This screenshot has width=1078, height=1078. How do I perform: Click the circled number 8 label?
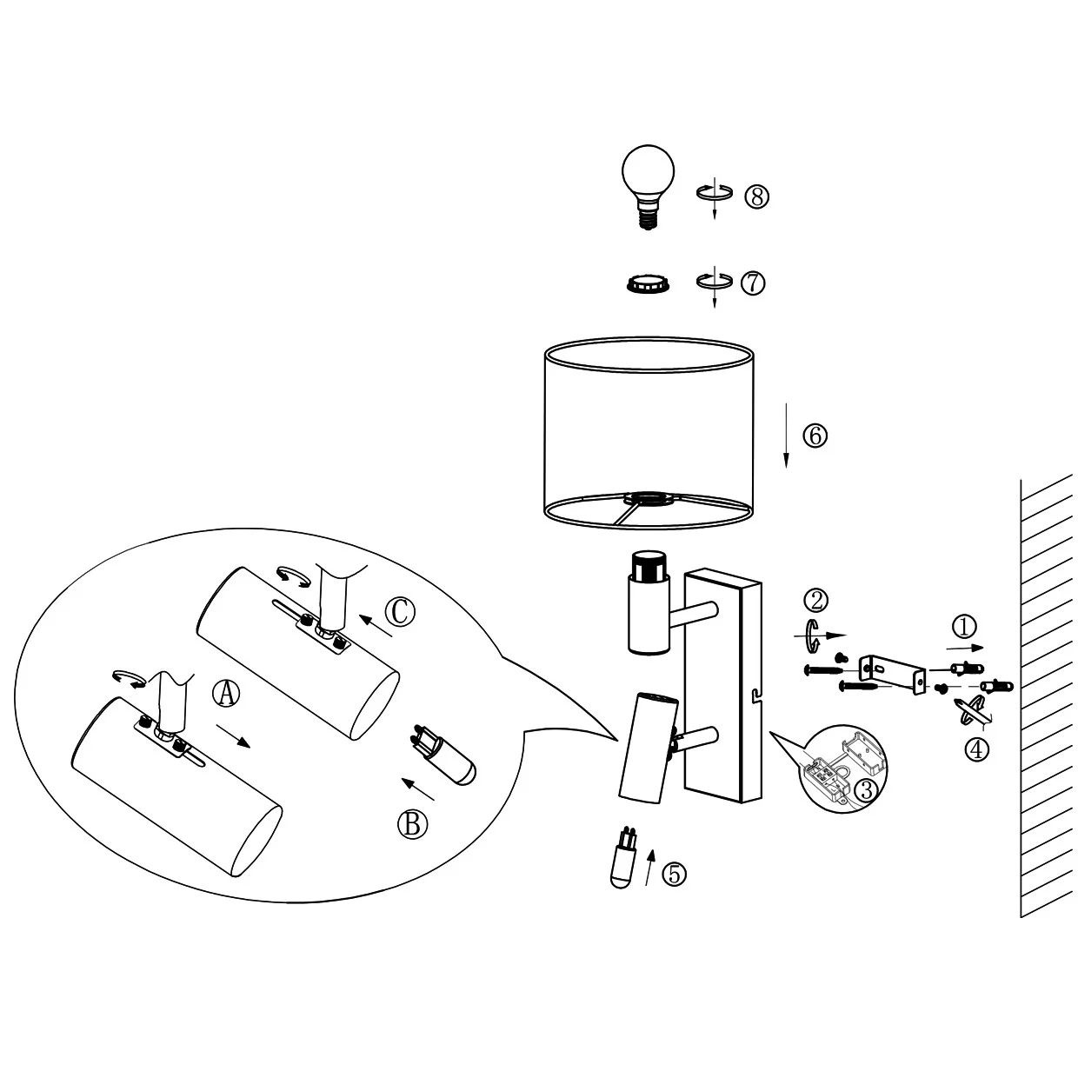(x=756, y=196)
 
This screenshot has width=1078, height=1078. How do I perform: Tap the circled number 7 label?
(x=753, y=283)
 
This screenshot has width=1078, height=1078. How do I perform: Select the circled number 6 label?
(x=815, y=436)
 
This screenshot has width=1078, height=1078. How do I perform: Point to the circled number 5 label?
(x=674, y=874)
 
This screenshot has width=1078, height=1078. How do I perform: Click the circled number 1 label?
(x=964, y=627)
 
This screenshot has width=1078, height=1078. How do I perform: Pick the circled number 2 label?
(x=815, y=600)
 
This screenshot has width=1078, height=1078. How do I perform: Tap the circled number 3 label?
(x=867, y=790)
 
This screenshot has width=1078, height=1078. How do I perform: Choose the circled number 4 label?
(x=977, y=749)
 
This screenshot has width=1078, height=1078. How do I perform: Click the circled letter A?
(x=226, y=695)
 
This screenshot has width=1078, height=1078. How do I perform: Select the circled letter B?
(x=412, y=824)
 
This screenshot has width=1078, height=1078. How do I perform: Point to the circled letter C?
(x=400, y=612)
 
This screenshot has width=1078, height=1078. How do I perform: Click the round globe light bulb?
(x=649, y=187)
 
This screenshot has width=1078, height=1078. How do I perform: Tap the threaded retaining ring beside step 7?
(x=649, y=284)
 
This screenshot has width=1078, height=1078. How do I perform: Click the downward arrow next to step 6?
(x=786, y=435)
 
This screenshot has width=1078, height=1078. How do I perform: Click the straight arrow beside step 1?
(x=965, y=648)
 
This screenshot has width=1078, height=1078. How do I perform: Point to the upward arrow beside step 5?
(x=649, y=868)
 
